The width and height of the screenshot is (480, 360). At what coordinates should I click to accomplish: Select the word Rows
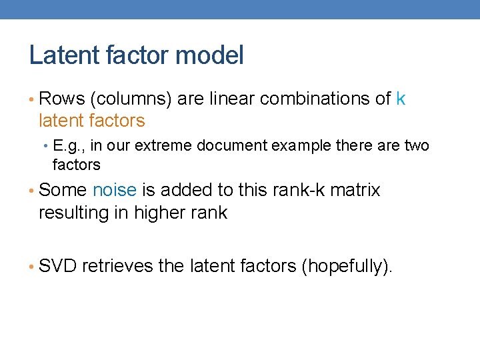point(61,99)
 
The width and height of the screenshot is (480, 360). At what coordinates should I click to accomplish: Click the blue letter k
point(400,99)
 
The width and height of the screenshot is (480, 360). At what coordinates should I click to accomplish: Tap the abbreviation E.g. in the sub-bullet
point(67,145)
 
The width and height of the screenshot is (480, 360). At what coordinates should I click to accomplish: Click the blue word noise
point(114,190)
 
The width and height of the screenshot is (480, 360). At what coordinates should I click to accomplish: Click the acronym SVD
point(58,266)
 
